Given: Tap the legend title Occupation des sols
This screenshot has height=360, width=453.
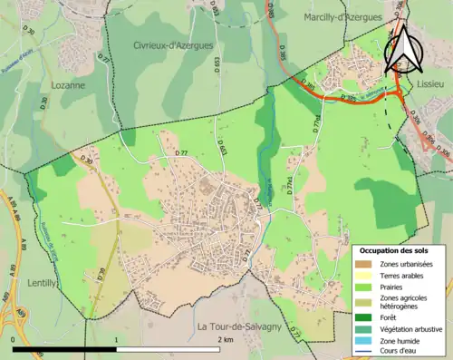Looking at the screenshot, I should click(396, 250).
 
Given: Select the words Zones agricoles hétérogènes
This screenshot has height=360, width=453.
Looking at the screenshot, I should click(406, 304).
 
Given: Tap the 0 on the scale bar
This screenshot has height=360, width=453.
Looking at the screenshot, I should click(13, 338).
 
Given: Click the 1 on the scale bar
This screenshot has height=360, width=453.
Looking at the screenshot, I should click(116, 338).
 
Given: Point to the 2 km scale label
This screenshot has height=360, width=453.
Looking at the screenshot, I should click(226, 338).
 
